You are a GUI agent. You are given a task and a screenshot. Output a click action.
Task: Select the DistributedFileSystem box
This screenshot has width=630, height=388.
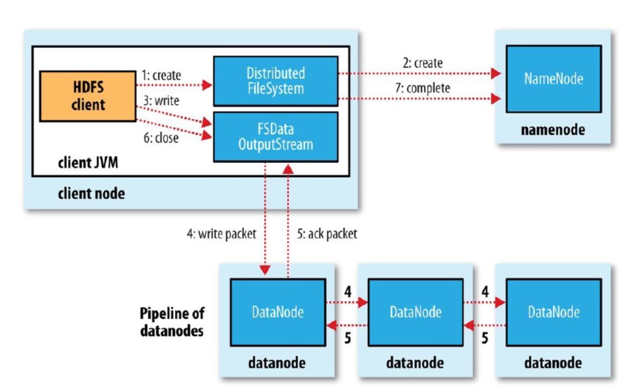[x=275, y=80]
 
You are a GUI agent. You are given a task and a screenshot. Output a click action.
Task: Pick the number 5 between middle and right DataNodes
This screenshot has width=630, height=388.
[x=485, y=340]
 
